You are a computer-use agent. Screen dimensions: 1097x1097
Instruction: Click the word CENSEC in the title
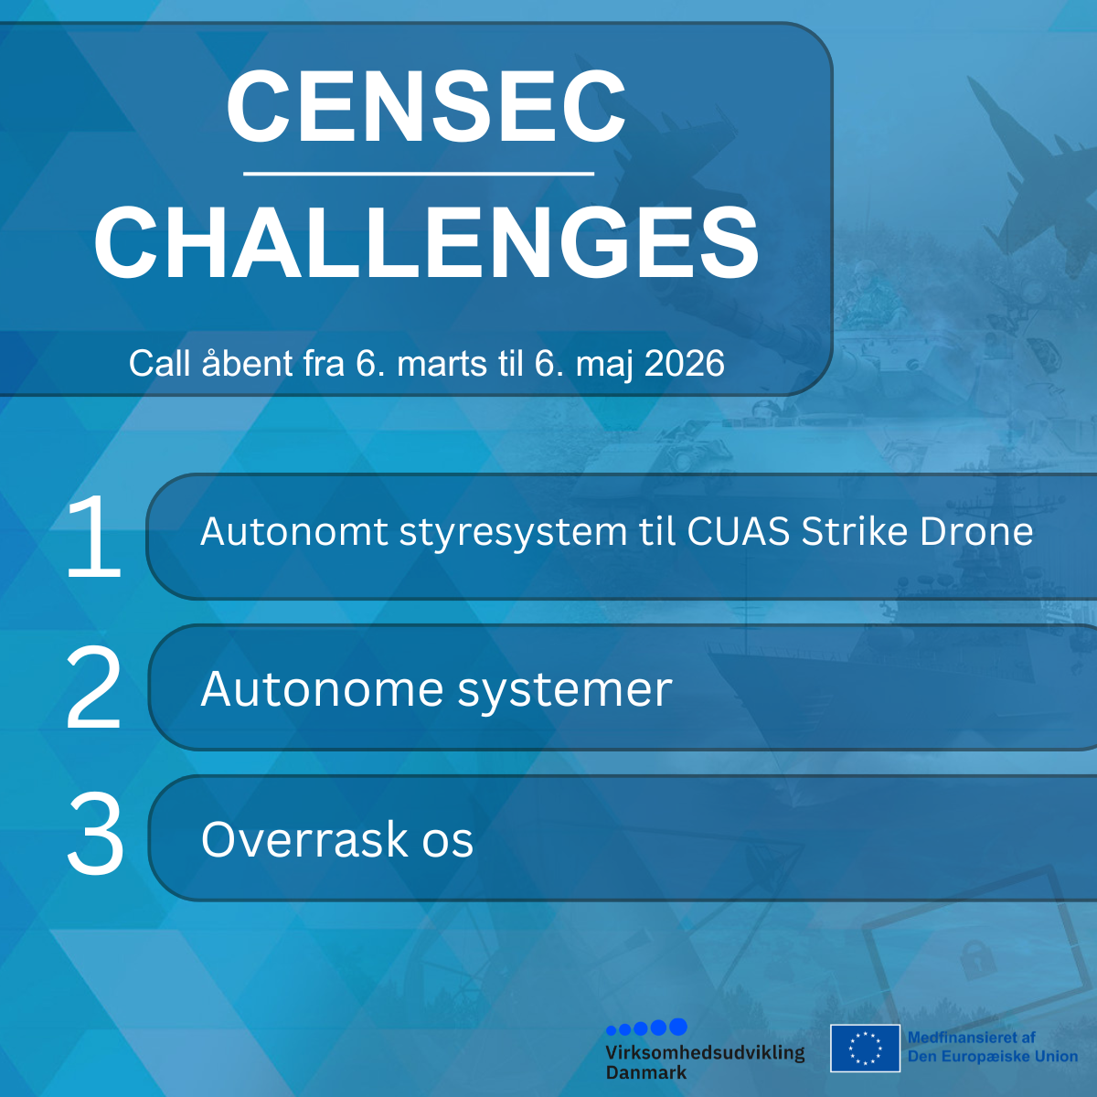pyautogui.click(x=426, y=106)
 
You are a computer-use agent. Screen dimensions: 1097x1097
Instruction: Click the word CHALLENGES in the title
pyautogui.click(x=426, y=241)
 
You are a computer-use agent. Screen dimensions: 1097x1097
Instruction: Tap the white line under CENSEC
pyautogui.click(x=419, y=173)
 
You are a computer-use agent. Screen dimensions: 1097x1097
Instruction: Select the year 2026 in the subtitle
pyautogui.click(x=685, y=363)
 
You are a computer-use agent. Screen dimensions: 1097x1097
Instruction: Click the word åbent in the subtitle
pyautogui.click(x=247, y=362)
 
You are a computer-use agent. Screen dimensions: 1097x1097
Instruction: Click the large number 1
pyautogui.click(x=94, y=536)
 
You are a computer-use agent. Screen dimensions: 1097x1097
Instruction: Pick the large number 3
pyautogui.click(x=95, y=833)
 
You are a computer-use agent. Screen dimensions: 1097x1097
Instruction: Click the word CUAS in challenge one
pyautogui.click(x=739, y=532)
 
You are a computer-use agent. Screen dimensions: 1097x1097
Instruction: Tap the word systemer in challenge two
pyautogui.click(x=565, y=691)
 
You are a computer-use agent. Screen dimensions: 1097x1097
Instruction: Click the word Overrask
pyautogui.click(x=304, y=839)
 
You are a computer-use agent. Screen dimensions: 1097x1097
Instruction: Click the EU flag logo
pyautogui.click(x=865, y=1048)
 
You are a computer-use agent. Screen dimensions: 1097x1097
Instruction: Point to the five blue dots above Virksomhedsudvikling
pyautogui.click(x=646, y=1028)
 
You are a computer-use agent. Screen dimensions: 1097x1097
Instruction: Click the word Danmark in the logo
pyautogui.click(x=646, y=1072)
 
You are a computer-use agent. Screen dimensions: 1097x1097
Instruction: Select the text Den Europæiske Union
pyautogui.click(x=993, y=1057)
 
